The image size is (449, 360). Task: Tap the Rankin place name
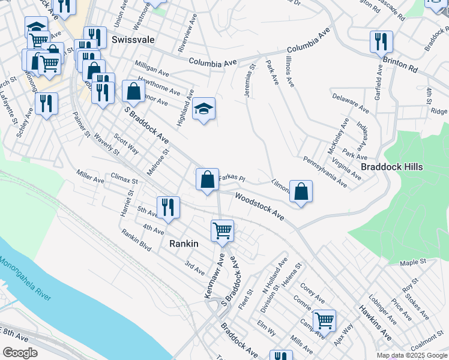point(184,244)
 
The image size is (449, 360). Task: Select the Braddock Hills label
point(392,167)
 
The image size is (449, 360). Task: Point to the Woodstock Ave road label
point(259,205)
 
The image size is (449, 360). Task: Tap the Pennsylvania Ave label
point(325,172)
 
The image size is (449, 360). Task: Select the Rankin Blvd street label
point(136,242)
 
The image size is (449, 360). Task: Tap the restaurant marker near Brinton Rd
point(381,42)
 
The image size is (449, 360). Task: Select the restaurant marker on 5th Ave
point(168,208)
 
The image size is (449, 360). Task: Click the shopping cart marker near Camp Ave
point(324,320)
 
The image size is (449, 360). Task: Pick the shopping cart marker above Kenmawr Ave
point(222,230)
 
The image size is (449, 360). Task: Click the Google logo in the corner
point(20,353)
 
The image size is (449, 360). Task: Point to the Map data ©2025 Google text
point(411,355)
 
